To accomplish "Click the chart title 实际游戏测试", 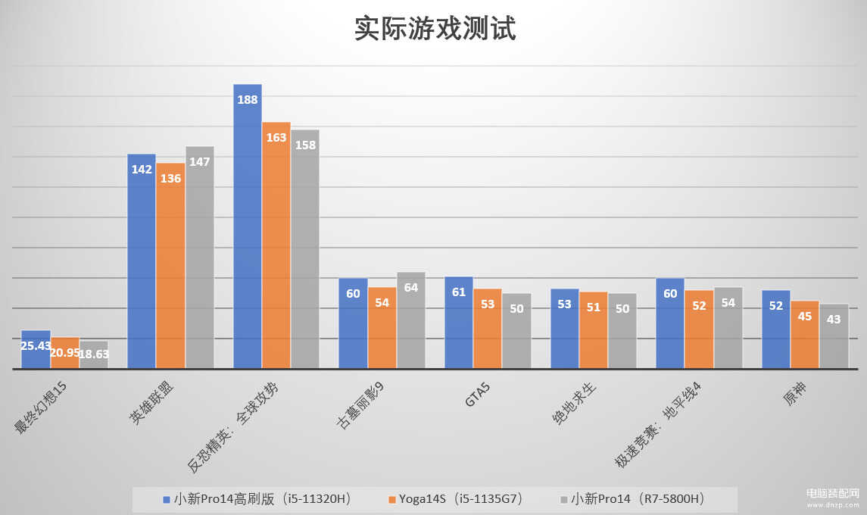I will coord(435,30).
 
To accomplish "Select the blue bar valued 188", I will coord(248,227).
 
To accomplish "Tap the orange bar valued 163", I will coord(276,246).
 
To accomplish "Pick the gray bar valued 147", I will coord(200,257).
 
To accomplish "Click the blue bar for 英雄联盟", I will coord(142,261).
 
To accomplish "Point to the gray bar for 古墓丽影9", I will coord(411,320).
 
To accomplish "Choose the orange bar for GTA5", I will coord(488,329).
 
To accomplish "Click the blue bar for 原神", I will coord(776,329).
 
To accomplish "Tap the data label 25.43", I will coord(36,346).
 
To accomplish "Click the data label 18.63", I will coord(95,354).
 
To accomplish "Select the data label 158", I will coord(305,145).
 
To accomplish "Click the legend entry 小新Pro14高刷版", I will coord(257,499).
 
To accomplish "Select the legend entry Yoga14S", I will coord(454,499).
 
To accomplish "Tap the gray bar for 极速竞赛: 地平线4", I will coord(728,328).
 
